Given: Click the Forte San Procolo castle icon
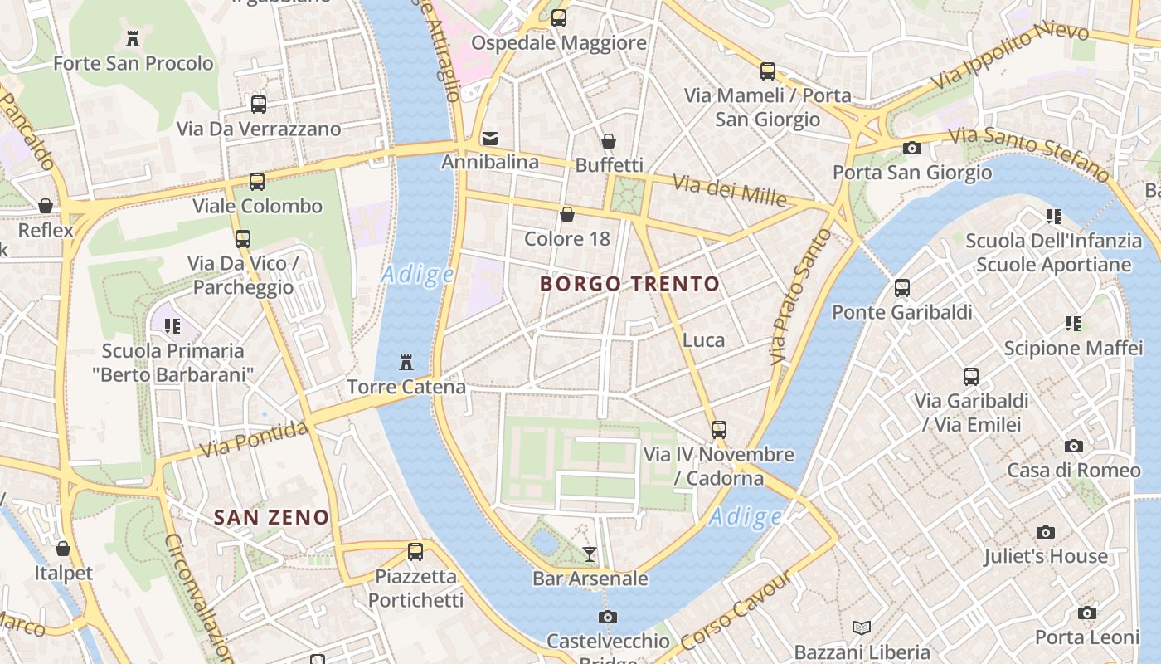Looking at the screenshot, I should point(132,38).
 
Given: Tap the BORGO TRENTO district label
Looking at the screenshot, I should point(629,284).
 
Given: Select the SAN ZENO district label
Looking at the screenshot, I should point(271,518).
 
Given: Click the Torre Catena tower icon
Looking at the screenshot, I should point(406,363).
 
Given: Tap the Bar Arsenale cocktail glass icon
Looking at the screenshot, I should point(590,554).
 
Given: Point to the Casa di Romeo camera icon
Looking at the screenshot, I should point(1074,446).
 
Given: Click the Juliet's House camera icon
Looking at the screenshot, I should point(1046,532).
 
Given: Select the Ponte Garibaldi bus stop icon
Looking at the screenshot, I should point(901,288).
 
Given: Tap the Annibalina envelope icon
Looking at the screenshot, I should point(490,138).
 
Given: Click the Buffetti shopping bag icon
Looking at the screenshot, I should point(609,141).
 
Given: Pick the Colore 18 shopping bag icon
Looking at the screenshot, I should point(567,214).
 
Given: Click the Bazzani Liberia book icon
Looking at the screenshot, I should point(862,627).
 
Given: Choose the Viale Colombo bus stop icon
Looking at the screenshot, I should point(257,181).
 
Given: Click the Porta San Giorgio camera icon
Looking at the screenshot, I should point(912,148).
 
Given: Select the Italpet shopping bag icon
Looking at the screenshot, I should point(63,549).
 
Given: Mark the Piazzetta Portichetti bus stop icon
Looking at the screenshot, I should point(415,551).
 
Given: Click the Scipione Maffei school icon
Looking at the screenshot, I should point(1073,324).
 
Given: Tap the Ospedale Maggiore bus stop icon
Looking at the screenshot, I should point(559,17).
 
